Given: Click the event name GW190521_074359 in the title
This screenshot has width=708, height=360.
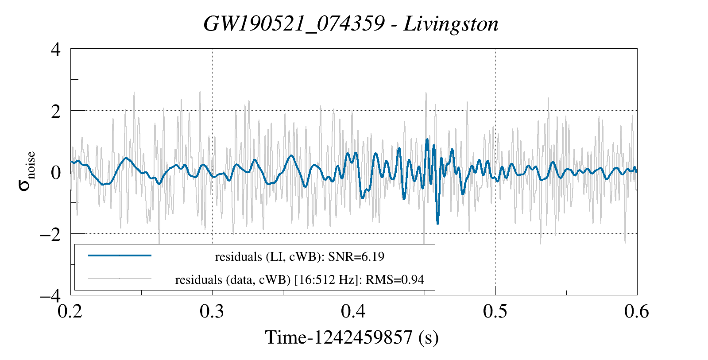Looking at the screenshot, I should [294, 24].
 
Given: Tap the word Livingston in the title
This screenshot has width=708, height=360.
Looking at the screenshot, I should [451, 24].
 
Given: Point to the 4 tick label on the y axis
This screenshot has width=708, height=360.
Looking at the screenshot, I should [55, 50].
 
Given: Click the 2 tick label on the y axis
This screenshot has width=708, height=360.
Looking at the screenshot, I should [55, 111].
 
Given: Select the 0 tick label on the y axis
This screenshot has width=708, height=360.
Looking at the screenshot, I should [55, 173].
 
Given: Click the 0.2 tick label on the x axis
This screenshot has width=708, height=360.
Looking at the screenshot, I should [71, 312].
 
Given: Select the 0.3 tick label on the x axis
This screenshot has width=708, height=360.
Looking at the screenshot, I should [213, 312].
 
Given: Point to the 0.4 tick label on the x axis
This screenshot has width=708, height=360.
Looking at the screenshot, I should [354, 312].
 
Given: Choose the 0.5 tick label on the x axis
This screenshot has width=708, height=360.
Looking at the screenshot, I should [495, 312].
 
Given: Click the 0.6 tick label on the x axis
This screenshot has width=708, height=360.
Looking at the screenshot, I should [637, 312].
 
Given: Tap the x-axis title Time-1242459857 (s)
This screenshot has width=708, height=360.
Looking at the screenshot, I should [352, 337].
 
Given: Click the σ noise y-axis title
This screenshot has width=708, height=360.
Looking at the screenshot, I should [27, 172].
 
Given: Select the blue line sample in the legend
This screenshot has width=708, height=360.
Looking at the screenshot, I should [120, 255].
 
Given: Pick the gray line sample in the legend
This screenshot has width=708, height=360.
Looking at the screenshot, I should [120, 279].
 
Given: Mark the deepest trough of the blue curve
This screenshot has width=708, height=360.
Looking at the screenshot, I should [437, 224].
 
